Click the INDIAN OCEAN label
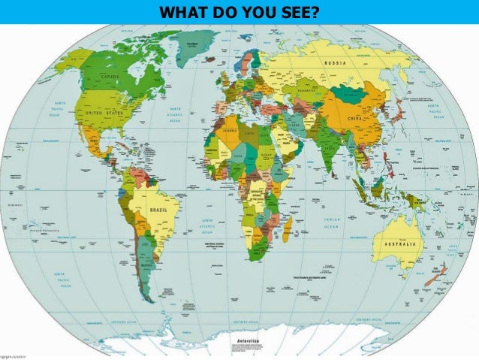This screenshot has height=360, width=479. coord(332,224)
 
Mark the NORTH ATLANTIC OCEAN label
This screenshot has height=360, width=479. coord(173,113)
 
